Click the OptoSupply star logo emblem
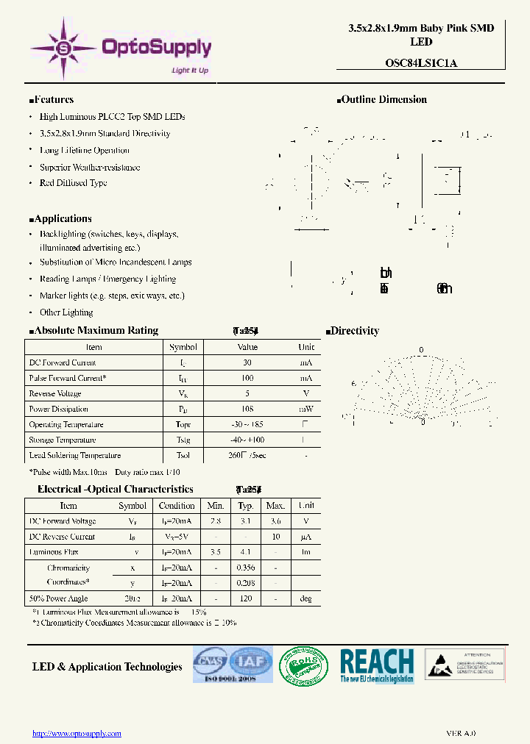63,49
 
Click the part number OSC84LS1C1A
421,62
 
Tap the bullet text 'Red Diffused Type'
73,183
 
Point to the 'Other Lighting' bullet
66,312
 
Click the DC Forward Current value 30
247,362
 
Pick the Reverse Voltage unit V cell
306,393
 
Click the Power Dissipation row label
58,409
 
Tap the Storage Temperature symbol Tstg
183,440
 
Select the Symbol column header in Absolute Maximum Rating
183,347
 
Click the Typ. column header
245,506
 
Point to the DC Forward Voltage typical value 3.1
245,521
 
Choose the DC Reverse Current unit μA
305,537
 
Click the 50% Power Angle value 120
245,598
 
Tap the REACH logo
377,665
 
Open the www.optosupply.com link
77,733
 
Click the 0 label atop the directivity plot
421,350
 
